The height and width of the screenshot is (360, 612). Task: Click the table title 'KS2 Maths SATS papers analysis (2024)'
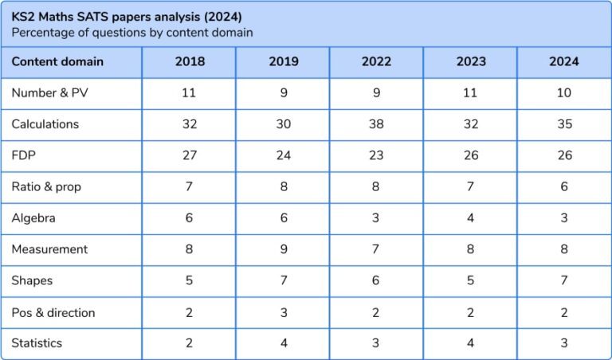(x=127, y=16)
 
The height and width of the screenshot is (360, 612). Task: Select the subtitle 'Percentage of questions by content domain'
(x=131, y=33)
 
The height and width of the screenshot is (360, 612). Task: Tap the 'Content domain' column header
(x=57, y=61)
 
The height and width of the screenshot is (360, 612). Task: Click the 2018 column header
(x=189, y=61)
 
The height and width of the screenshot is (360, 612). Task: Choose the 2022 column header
(x=376, y=61)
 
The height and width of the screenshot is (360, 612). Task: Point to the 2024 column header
(x=564, y=61)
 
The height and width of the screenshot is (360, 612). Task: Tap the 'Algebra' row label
(x=33, y=217)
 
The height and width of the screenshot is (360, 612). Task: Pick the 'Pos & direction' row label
(x=53, y=312)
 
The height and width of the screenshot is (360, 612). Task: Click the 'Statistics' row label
(x=37, y=343)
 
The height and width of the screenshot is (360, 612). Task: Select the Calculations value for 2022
(x=376, y=124)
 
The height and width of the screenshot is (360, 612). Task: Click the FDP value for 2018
(x=189, y=155)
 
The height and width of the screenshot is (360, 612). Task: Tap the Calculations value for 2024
(x=564, y=124)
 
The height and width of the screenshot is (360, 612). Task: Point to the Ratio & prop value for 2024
(x=564, y=186)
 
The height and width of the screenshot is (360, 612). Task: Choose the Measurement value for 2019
(x=283, y=249)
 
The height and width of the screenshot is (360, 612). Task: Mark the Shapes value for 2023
(x=470, y=280)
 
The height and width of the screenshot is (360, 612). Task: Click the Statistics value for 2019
(x=283, y=343)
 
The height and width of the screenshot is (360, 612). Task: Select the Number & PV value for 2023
(x=470, y=93)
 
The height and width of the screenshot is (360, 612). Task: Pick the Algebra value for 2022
(x=376, y=217)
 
